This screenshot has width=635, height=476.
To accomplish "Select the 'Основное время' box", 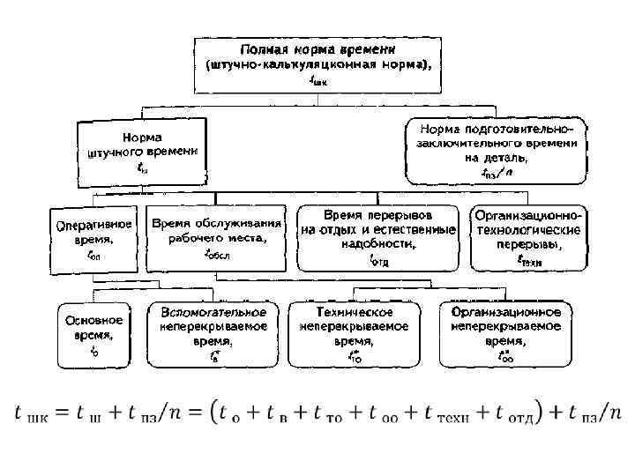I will point(94,333).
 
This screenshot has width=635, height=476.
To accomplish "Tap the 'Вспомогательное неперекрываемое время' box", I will point(213,333).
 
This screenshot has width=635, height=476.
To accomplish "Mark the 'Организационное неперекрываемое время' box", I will point(506,333).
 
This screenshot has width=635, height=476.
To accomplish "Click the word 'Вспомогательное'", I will point(213,312).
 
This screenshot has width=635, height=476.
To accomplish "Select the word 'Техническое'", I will point(355,312).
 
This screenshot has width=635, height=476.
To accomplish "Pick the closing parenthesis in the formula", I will point(542,413).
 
